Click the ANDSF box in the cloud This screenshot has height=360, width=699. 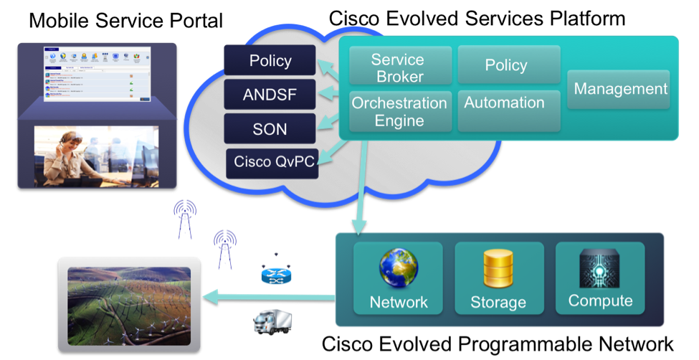270,94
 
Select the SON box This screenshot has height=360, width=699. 270,128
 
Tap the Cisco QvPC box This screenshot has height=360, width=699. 274,163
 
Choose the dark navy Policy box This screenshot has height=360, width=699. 270,60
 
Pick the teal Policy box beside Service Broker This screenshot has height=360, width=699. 505,65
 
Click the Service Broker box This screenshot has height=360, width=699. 400,67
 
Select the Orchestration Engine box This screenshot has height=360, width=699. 399,111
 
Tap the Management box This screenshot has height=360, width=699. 620,89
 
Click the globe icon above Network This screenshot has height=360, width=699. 399,267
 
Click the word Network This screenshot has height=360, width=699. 399,302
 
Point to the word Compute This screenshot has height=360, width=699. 600,300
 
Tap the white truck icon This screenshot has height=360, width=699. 272,321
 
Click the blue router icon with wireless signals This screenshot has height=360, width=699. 273,270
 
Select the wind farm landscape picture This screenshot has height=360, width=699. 129,305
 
